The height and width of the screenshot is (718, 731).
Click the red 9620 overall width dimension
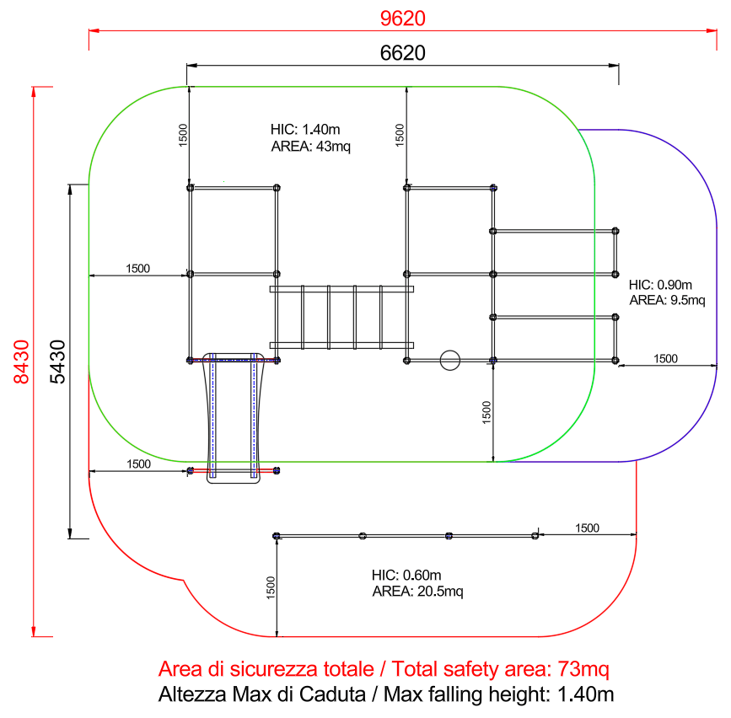[x=402, y=19]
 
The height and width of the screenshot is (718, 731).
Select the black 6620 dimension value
[x=402, y=53]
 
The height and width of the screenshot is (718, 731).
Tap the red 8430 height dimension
[x=22, y=362]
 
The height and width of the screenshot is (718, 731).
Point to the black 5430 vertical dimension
[x=58, y=362]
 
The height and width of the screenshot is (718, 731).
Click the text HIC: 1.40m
[x=305, y=129]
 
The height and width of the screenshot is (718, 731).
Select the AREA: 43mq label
[x=310, y=147]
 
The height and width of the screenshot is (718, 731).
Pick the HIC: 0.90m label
[x=660, y=285]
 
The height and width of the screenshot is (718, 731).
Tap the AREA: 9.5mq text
[x=667, y=300]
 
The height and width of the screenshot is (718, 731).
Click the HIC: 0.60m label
[x=406, y=575]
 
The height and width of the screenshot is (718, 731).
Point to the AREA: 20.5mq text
[x=417, y=592]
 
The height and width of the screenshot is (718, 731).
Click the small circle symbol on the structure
[x=450, y=360]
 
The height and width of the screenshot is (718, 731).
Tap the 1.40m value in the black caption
[x=585, y=694]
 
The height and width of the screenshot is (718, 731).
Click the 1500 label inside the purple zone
[x=665, y=359]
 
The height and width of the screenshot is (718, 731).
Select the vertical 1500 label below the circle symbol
[x=486, y=412]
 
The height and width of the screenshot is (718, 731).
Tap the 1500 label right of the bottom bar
[x=587, y=528]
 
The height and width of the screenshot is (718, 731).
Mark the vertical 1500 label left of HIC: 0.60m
[x=271, y=588]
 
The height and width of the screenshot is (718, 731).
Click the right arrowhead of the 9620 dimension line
[x=712, y=30]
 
